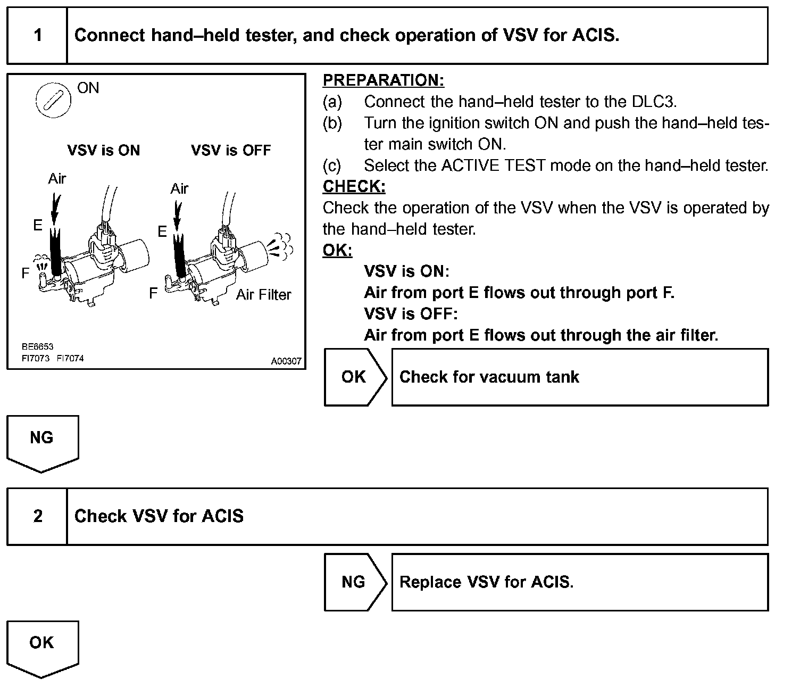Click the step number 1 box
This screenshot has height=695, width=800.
tap(37, 36)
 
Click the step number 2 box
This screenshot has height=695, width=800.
tap(37, 516)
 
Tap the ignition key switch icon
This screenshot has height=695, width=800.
tap(53, 100)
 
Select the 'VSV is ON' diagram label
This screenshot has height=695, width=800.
tap(104, 151)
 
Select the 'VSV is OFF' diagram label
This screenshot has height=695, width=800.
tap(231, 151)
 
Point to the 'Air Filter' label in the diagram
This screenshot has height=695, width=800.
tap(264, 295)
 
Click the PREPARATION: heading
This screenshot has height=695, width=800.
tap(383, 80)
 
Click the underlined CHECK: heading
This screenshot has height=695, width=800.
tap(354, 187)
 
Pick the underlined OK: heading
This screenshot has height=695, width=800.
tap(337, 250)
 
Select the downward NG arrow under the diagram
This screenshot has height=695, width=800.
tap(42, 442)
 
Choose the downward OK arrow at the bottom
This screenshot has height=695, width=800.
tap(42, 647)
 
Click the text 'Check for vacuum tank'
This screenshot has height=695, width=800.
tap(489, 377)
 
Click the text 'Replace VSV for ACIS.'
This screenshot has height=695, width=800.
tap(486, 582)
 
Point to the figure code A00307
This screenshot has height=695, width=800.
tap(286, 361)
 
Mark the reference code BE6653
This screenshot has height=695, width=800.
tap(37, 346)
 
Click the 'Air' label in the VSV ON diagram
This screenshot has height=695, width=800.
tap(57, 178)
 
